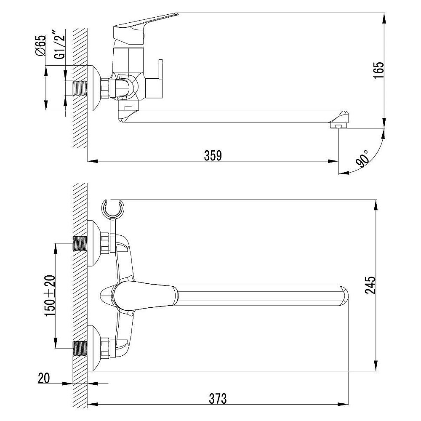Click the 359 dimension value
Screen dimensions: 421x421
point(213,156)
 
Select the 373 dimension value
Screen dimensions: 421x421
point(218,399)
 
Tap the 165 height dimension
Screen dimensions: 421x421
point(378,71)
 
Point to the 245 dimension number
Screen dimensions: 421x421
point(370,285)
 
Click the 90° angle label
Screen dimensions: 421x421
point(362,159)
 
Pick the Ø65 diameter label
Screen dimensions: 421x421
point(41,45)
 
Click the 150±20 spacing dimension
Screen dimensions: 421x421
point(50,296)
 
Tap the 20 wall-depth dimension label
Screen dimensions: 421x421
point(44,378)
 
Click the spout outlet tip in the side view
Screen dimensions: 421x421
point(339,125)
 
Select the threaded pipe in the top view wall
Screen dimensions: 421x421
point(80,88)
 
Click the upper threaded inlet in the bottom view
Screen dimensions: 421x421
point(80,243)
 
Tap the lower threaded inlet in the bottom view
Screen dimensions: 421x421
point(80,349)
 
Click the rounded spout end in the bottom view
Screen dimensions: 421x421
point(344,296)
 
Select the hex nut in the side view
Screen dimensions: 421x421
point(105,88)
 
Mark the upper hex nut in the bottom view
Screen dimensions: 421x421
point(105,243)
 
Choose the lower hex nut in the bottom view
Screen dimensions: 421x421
point(105,348)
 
